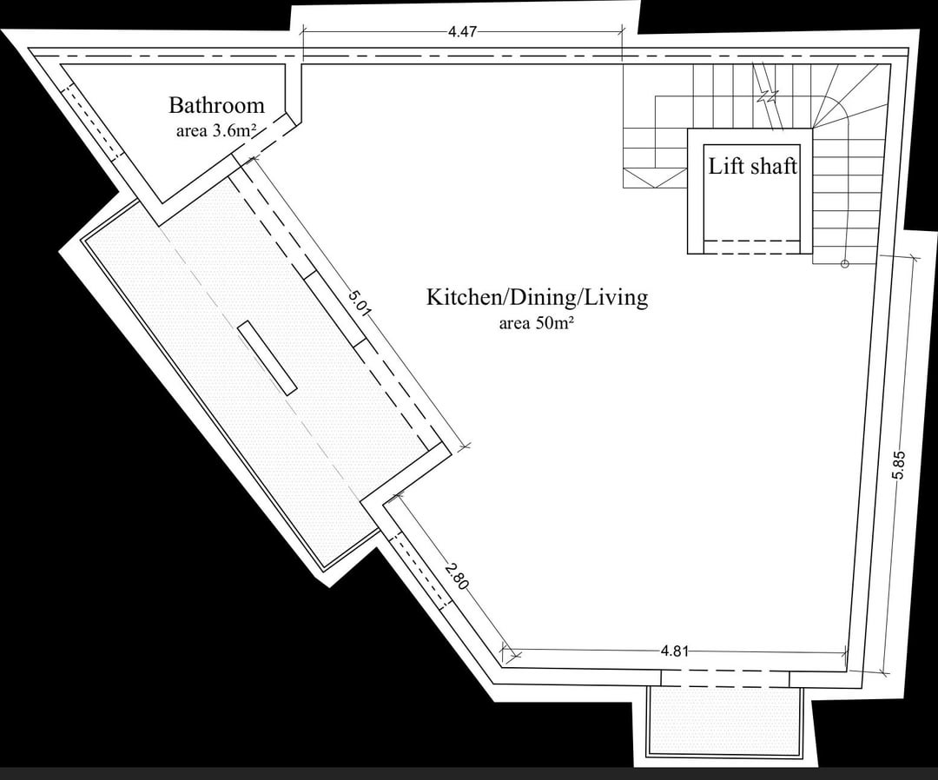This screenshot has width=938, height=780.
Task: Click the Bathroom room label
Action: click(216, 105)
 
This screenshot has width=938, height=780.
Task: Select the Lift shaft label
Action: click(752, 166)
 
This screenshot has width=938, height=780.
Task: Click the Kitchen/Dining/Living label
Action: click(537, 297)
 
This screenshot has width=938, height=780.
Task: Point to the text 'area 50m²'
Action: click(537, 324)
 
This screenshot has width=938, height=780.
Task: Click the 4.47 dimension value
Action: click(462, 31)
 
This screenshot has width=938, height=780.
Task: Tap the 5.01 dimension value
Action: click(360, 303)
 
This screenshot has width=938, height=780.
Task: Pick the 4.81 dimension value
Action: click(675, 651)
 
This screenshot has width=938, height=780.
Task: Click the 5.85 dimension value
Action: click(899, 465)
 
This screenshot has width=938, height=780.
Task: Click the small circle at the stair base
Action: click(845, 263)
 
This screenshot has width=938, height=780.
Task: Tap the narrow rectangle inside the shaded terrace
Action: click(267, 357)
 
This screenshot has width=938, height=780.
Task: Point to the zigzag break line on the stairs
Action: click(768, 96)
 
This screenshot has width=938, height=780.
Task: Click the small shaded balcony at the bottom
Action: click(723, 721)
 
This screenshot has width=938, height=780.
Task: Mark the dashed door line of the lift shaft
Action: click(752, 241)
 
